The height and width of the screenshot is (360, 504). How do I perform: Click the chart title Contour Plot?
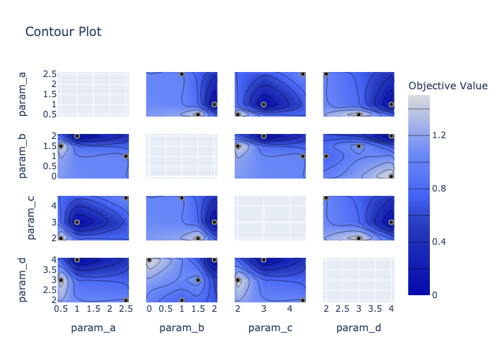(x=63, y=32)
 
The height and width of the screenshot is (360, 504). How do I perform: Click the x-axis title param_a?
(x=94, y=329)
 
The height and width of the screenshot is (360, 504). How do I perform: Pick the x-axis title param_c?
(x=270, y=329)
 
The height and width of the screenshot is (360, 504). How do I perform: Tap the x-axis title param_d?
(x=359, y=329)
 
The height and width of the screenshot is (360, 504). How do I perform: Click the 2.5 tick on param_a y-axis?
(x=48, y=73)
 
